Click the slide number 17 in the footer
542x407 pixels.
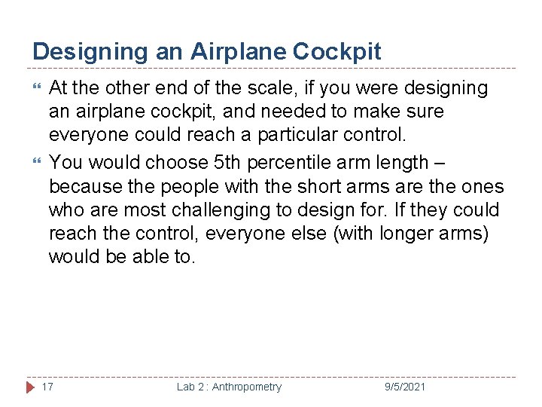tap(47, 387)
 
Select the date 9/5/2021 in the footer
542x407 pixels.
tap(405, 387)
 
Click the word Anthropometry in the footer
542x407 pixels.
tap(246, 387)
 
